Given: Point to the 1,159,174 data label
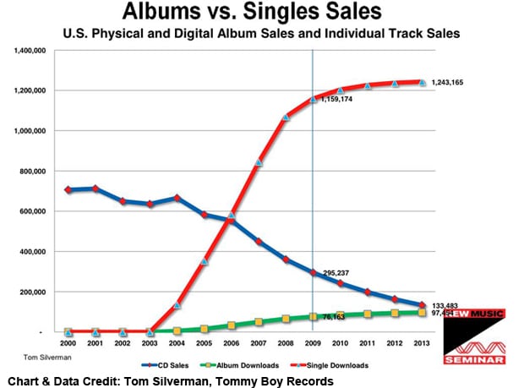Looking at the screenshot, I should tap(336, 100).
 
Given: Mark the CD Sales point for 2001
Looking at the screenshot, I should tap(96, 189).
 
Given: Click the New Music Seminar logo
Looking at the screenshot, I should tap(475, 337).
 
